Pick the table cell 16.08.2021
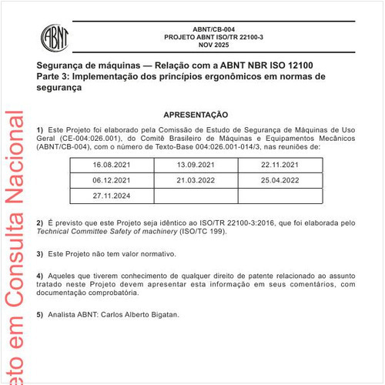112,166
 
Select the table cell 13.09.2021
196,166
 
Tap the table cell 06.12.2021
112,180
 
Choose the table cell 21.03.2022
196,180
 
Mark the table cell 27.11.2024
112,196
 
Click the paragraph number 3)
40,253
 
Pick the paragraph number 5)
40,314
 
